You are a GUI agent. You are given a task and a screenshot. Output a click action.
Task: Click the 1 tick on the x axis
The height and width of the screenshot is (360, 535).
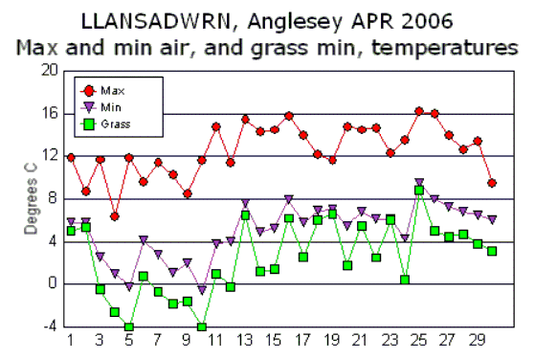point(71,339)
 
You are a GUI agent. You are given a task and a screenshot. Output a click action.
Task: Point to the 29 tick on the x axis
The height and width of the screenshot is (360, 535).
point(478,339)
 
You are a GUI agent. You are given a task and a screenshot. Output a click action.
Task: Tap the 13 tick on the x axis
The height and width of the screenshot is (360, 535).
point(245,339)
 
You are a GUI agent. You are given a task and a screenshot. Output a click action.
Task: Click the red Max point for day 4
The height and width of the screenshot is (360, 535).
point(115,216)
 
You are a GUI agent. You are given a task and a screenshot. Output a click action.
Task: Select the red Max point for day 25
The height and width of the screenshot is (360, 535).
point(419,111)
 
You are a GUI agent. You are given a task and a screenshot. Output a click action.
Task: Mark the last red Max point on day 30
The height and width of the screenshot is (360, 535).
point(492,183)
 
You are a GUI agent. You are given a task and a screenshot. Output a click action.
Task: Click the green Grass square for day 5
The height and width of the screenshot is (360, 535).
point(129,327)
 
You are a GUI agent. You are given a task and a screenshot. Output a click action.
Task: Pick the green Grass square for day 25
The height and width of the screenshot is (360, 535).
point(419,191)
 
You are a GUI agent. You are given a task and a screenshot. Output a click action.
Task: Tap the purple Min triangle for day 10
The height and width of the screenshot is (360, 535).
point(202,289)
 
